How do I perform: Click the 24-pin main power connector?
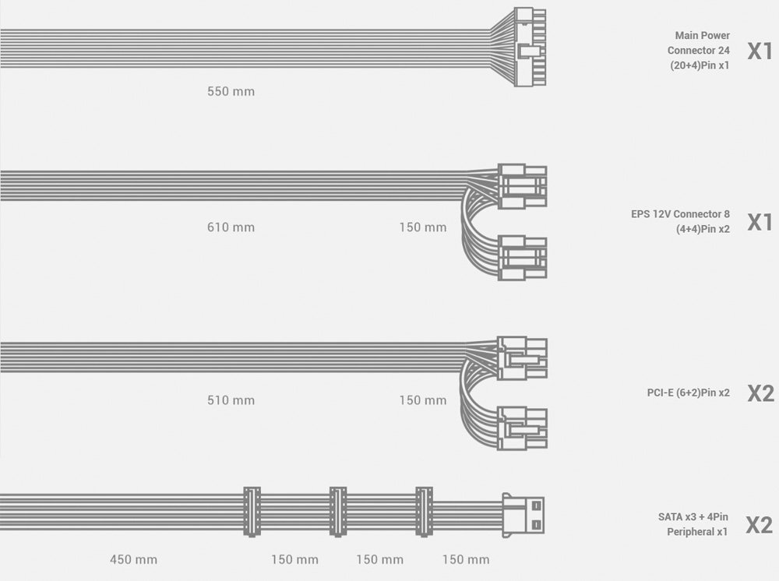530,47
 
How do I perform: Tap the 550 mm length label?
231,91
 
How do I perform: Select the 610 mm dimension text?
231,227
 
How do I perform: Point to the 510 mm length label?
231,400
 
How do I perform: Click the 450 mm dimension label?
134,560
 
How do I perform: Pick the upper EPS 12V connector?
522,186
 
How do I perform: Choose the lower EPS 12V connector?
522,258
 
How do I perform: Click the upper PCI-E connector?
522,358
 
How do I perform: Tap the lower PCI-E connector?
522,428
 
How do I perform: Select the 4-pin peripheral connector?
523,515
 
